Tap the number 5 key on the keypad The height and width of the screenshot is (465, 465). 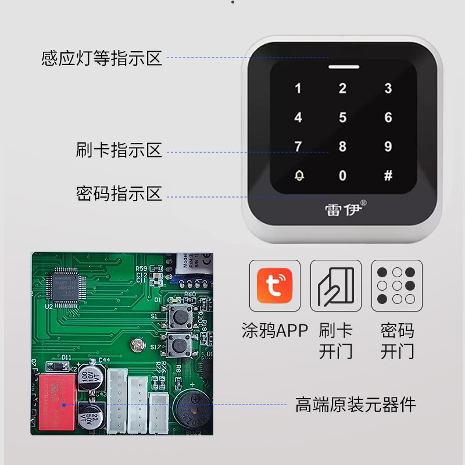pyautogui.click(x=343, y=118)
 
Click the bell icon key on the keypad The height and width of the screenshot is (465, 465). pyautogui.click(x=299, y=176)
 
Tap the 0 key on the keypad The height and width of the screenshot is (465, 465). pyautogui.click(x=343, y=176)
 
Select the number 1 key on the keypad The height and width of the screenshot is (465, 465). pyautogui.click(x=299, y=89)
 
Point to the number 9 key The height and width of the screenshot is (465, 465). pyautogui.click(x=388, y=146)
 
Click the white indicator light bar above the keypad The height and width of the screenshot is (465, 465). pyautogui.click(x=343, y=66)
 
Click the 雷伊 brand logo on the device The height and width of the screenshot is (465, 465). pyautogui.click(x=344, y=208)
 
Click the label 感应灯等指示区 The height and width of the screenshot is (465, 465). pyautogui.click(x=102, y=59)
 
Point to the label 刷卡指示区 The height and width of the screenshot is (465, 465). pyautogui.click(x=119, y=150)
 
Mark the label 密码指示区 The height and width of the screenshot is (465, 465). pyautogui.click(x=119, y=193)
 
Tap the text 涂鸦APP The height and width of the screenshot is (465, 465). pyautogui.click(x=274, y=331)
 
